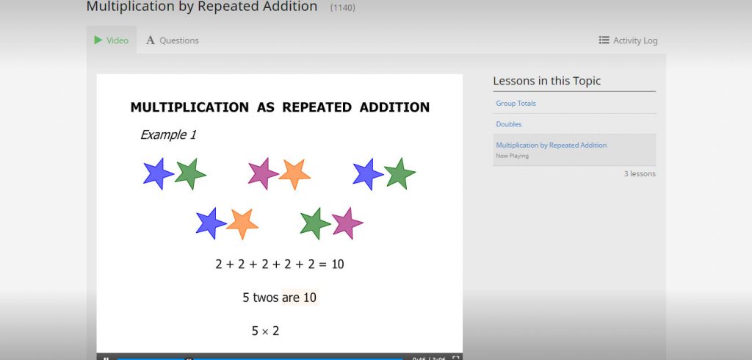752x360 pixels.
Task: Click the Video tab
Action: click(x=112, y=40)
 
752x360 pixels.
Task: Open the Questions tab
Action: click(x=173, y=40)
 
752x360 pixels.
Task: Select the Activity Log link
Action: click(x=628, y=40)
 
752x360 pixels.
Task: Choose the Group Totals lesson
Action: click(x=516, y=104)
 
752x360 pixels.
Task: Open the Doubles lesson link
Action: click(x=508, y=124)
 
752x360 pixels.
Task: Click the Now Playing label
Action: click(x=512, y=156)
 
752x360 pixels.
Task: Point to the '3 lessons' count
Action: click(x=640, y=174)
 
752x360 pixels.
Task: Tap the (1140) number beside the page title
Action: click(x=343, y=7)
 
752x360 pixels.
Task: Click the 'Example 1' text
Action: click(x=168, y=135)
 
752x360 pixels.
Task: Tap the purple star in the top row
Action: click(x=262, y=173)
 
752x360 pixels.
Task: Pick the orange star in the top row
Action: click(x=294, y=174)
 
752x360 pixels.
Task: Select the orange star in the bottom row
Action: click(x=242, y=223)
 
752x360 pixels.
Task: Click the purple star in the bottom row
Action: click(x=347, y=223)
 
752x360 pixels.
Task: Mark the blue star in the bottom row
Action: click(x=210, y=223)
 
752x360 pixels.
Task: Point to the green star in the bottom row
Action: click(x=314, y=223)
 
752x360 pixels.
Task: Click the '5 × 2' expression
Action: click(x=265, y=331)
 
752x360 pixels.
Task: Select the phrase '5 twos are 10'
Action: click(x=279, y=298)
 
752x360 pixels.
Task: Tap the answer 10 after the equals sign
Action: click(x=337, y=264)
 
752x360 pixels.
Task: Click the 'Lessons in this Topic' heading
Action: click(x=546, y=81)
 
